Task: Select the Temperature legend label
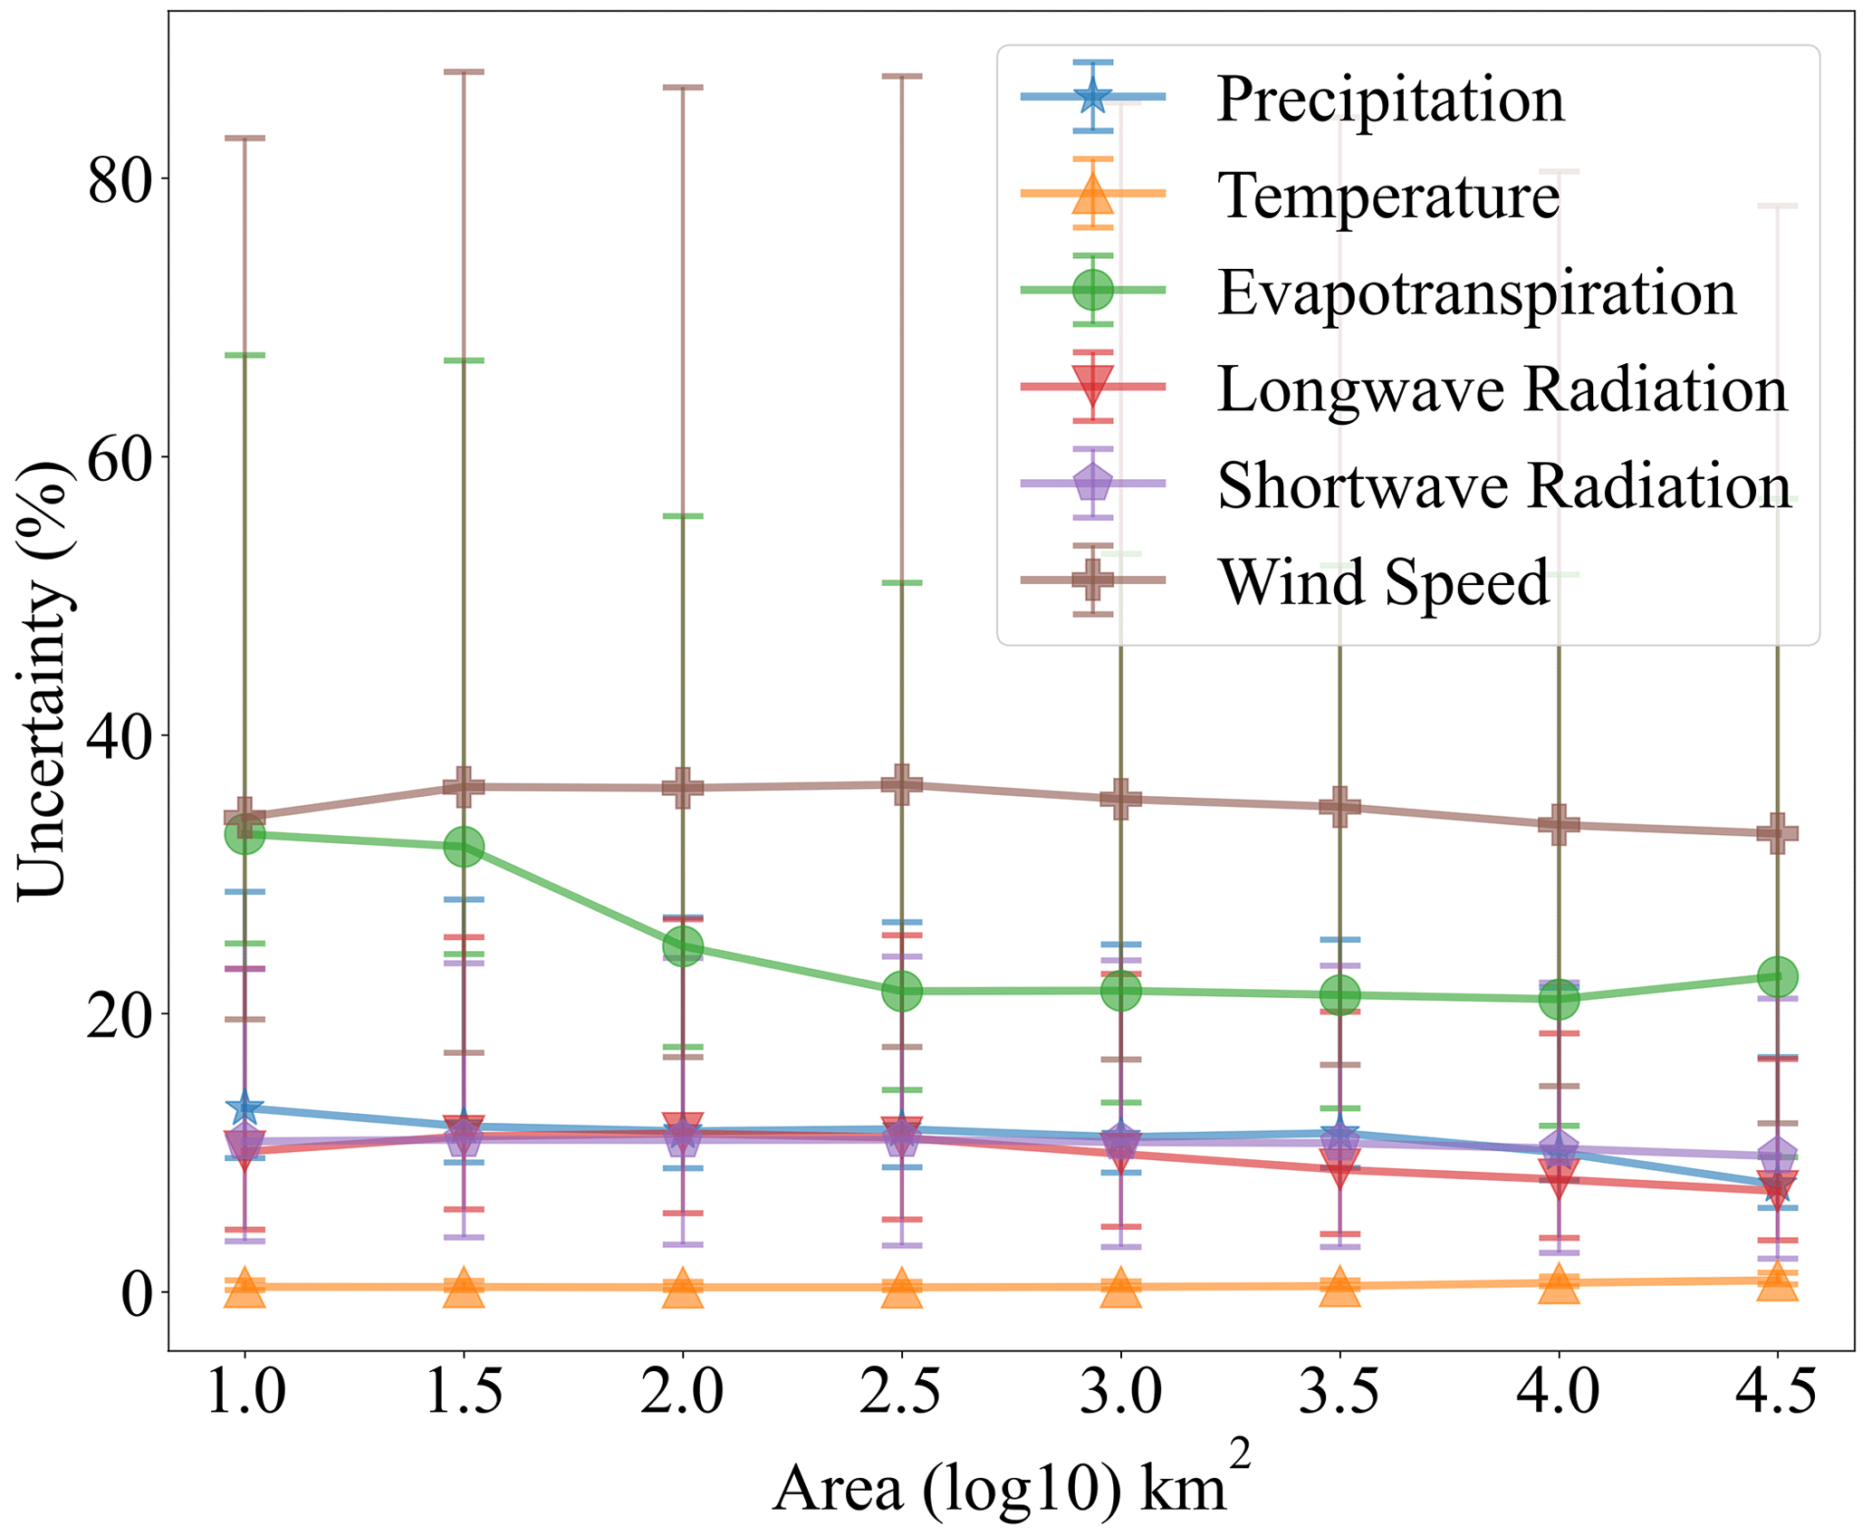(1388, 195)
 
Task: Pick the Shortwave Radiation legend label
(1503, 485)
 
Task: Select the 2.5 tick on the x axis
(900, 1392)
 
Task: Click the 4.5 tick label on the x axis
(1776, 1392)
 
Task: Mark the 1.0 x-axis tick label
(245, 1392)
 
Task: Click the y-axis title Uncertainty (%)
(43, 680)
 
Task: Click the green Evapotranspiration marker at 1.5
(464, 847)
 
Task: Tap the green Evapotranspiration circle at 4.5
(1777, 976)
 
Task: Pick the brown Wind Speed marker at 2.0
(682, 787)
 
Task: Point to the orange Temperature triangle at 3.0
(1120, 1287)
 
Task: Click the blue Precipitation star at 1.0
(245, 1107)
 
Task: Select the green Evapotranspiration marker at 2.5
(901, 991)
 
